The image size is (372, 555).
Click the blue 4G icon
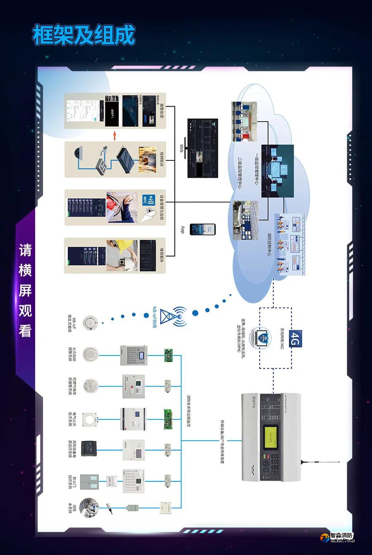point(296,340)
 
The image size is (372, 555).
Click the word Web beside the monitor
point(181,148)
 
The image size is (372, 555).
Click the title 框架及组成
point(84,35)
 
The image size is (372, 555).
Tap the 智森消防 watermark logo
point(337,538)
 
